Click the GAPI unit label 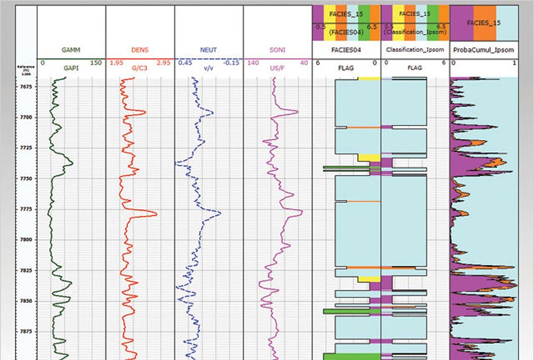coord(71,68)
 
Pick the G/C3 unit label coord(140,68)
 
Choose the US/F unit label coord(276,68)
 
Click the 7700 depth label coord(25,117)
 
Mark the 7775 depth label coord(25,209)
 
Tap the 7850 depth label coord(25,301)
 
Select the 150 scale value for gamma coord(96,62)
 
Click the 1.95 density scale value coord(115,62)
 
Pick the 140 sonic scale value coord(252,62)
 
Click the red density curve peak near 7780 coord(155,214)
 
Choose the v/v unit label coord(208,68)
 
